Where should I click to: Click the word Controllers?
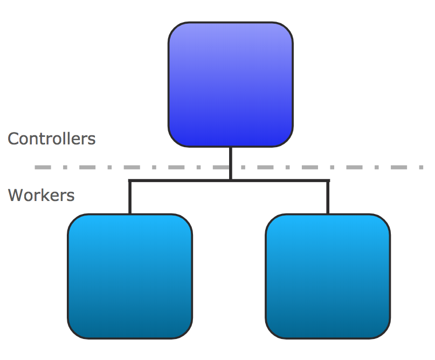52,139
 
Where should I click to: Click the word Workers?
42,195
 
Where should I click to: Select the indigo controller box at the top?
230,85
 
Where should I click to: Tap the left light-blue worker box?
130,276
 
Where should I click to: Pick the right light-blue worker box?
328,276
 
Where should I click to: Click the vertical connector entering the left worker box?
130,198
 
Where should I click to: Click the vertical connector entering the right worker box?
328,198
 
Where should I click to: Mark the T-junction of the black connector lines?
230,180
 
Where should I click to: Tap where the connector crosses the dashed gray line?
230,168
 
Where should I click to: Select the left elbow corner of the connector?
130,181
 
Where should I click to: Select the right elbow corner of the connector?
328,181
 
